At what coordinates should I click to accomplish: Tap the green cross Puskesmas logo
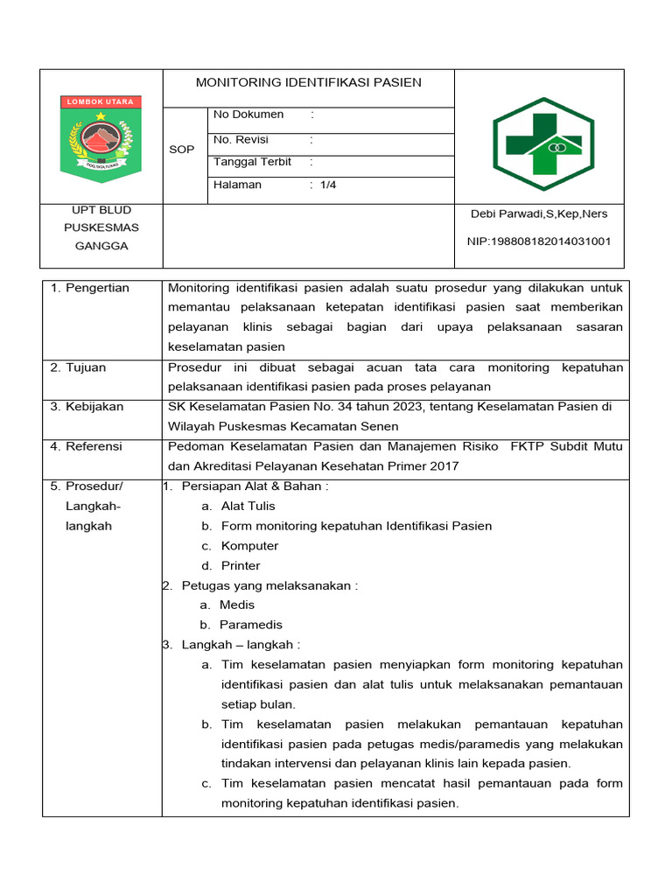coord(542,137)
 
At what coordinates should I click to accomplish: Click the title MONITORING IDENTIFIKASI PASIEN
coord(308,82)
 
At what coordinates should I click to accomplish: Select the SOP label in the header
coord(181,150)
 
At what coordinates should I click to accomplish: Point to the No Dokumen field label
coord(248,115)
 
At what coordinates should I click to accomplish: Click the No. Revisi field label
coord(241,140)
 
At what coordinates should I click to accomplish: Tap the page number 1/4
coord(328,185)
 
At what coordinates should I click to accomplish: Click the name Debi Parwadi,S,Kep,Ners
coord(539,213)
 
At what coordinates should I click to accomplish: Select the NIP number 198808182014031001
coord(541,241)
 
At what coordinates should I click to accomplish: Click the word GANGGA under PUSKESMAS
coord(101,246)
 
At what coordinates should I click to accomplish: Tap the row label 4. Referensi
coord(87,446)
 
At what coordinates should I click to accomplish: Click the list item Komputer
coord(249,546)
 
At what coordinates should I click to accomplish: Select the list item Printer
coord(241,566)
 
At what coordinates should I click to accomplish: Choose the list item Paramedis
coord(250,625)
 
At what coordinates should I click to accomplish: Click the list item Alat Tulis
coord(248,506)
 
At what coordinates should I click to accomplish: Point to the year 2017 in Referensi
coord(444,466)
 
